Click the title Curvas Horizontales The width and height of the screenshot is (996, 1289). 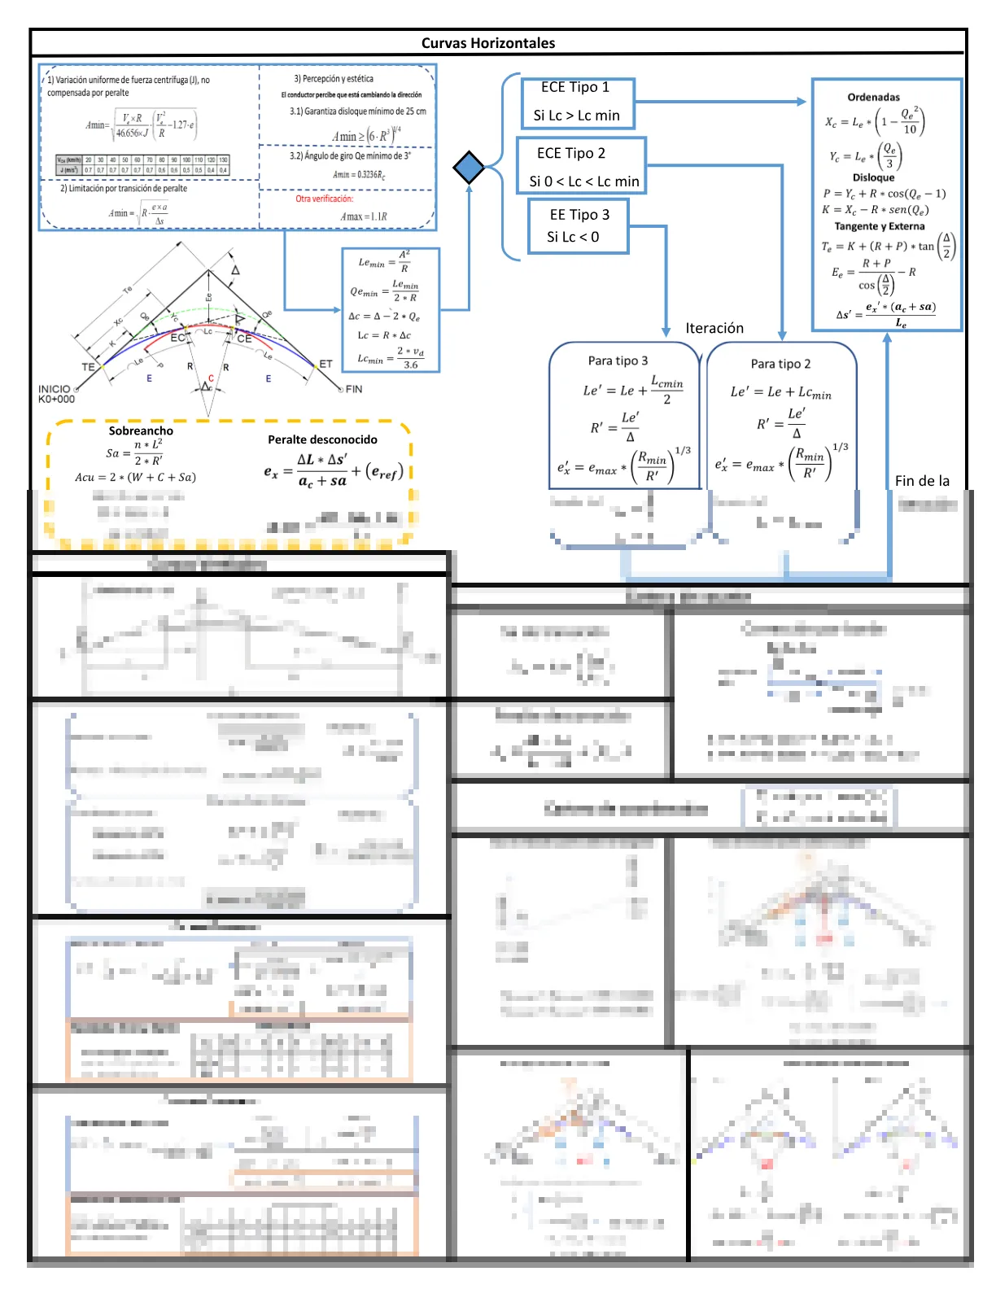tap(487, 43)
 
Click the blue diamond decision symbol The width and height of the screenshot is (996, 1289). tap(469, 167)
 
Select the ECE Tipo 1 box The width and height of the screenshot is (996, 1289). tap(577, 102)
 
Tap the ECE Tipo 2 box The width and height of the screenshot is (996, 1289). tap(581, 166)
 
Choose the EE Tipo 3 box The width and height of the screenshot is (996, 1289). tap(578, 225)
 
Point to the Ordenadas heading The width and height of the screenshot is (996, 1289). tap(873, 98)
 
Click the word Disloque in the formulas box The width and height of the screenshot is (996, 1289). tap(873, 177)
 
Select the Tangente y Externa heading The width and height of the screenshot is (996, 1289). tap(879, 226)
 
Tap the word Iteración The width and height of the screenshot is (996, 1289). tap(714, 328)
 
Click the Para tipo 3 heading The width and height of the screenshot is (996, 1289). tap(618, 360)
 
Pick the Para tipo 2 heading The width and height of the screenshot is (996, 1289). tap(780, 364)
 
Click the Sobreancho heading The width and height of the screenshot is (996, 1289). tap(141, 430)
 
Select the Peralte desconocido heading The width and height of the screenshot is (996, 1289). tap(322, 439)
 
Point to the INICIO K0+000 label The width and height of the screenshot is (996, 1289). tap(55, 394)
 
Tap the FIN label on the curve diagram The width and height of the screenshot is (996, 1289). tap(353, 389)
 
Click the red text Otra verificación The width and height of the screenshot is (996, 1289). tap(324, 199)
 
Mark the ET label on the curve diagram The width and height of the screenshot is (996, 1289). tap(325, 364)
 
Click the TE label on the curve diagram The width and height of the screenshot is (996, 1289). tap(88, 367)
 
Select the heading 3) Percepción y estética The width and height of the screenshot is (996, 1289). tap(334, 79)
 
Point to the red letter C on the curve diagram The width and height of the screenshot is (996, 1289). tap(211, 378)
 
